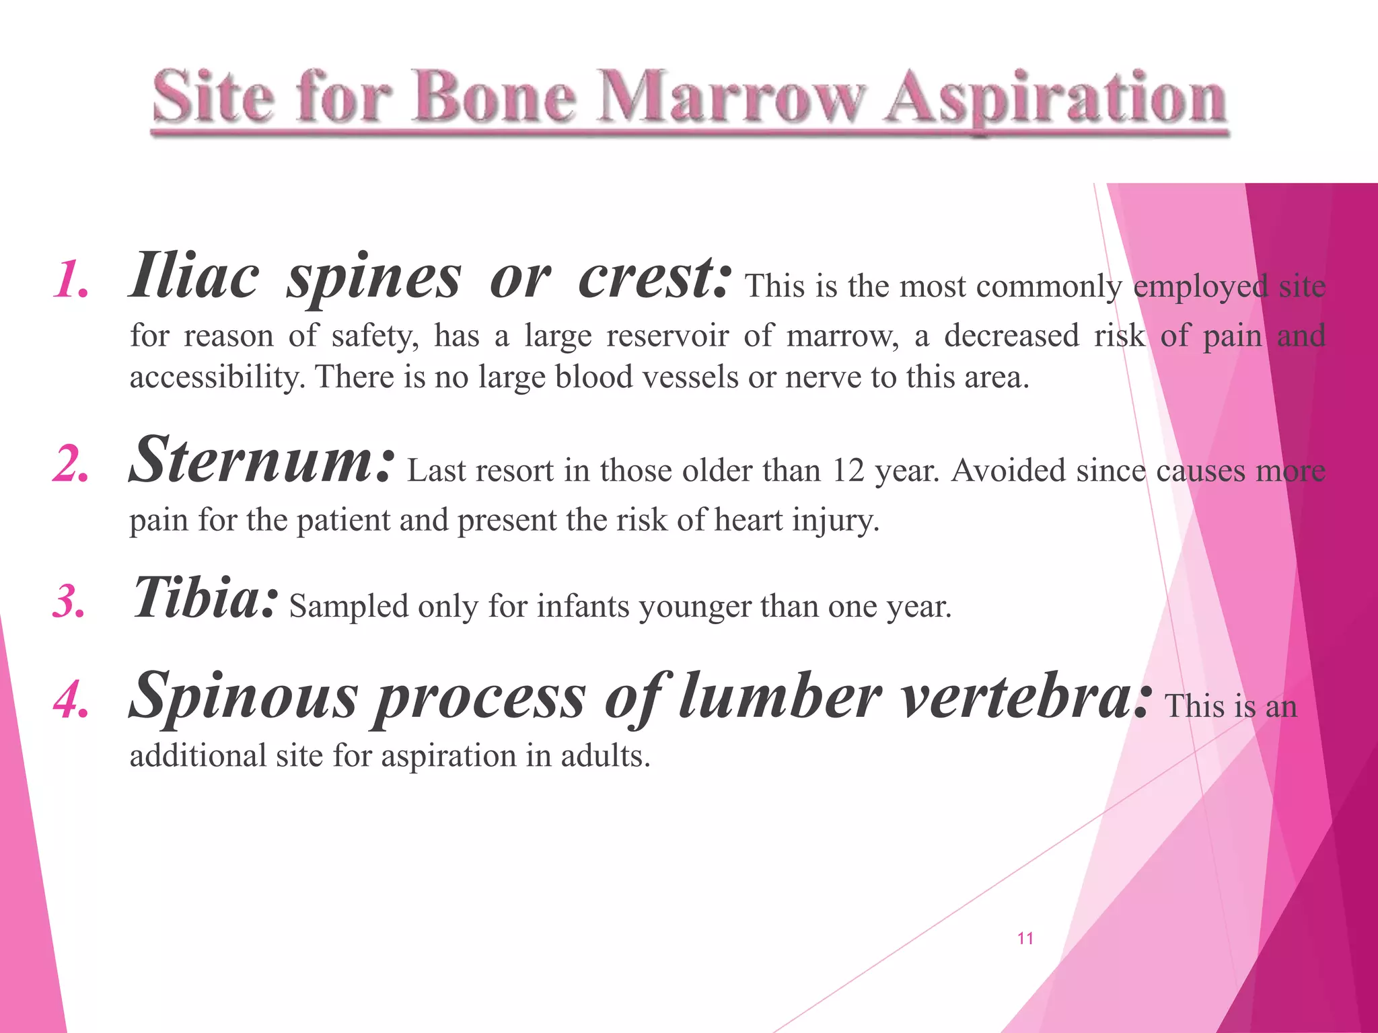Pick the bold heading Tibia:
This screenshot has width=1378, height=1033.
click(x=205, y=598)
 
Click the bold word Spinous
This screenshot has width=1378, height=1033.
click(x=243, y=697)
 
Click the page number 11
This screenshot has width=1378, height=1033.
click(x=1025, y=939)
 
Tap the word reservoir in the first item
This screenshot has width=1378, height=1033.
click(x=667, y=335)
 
